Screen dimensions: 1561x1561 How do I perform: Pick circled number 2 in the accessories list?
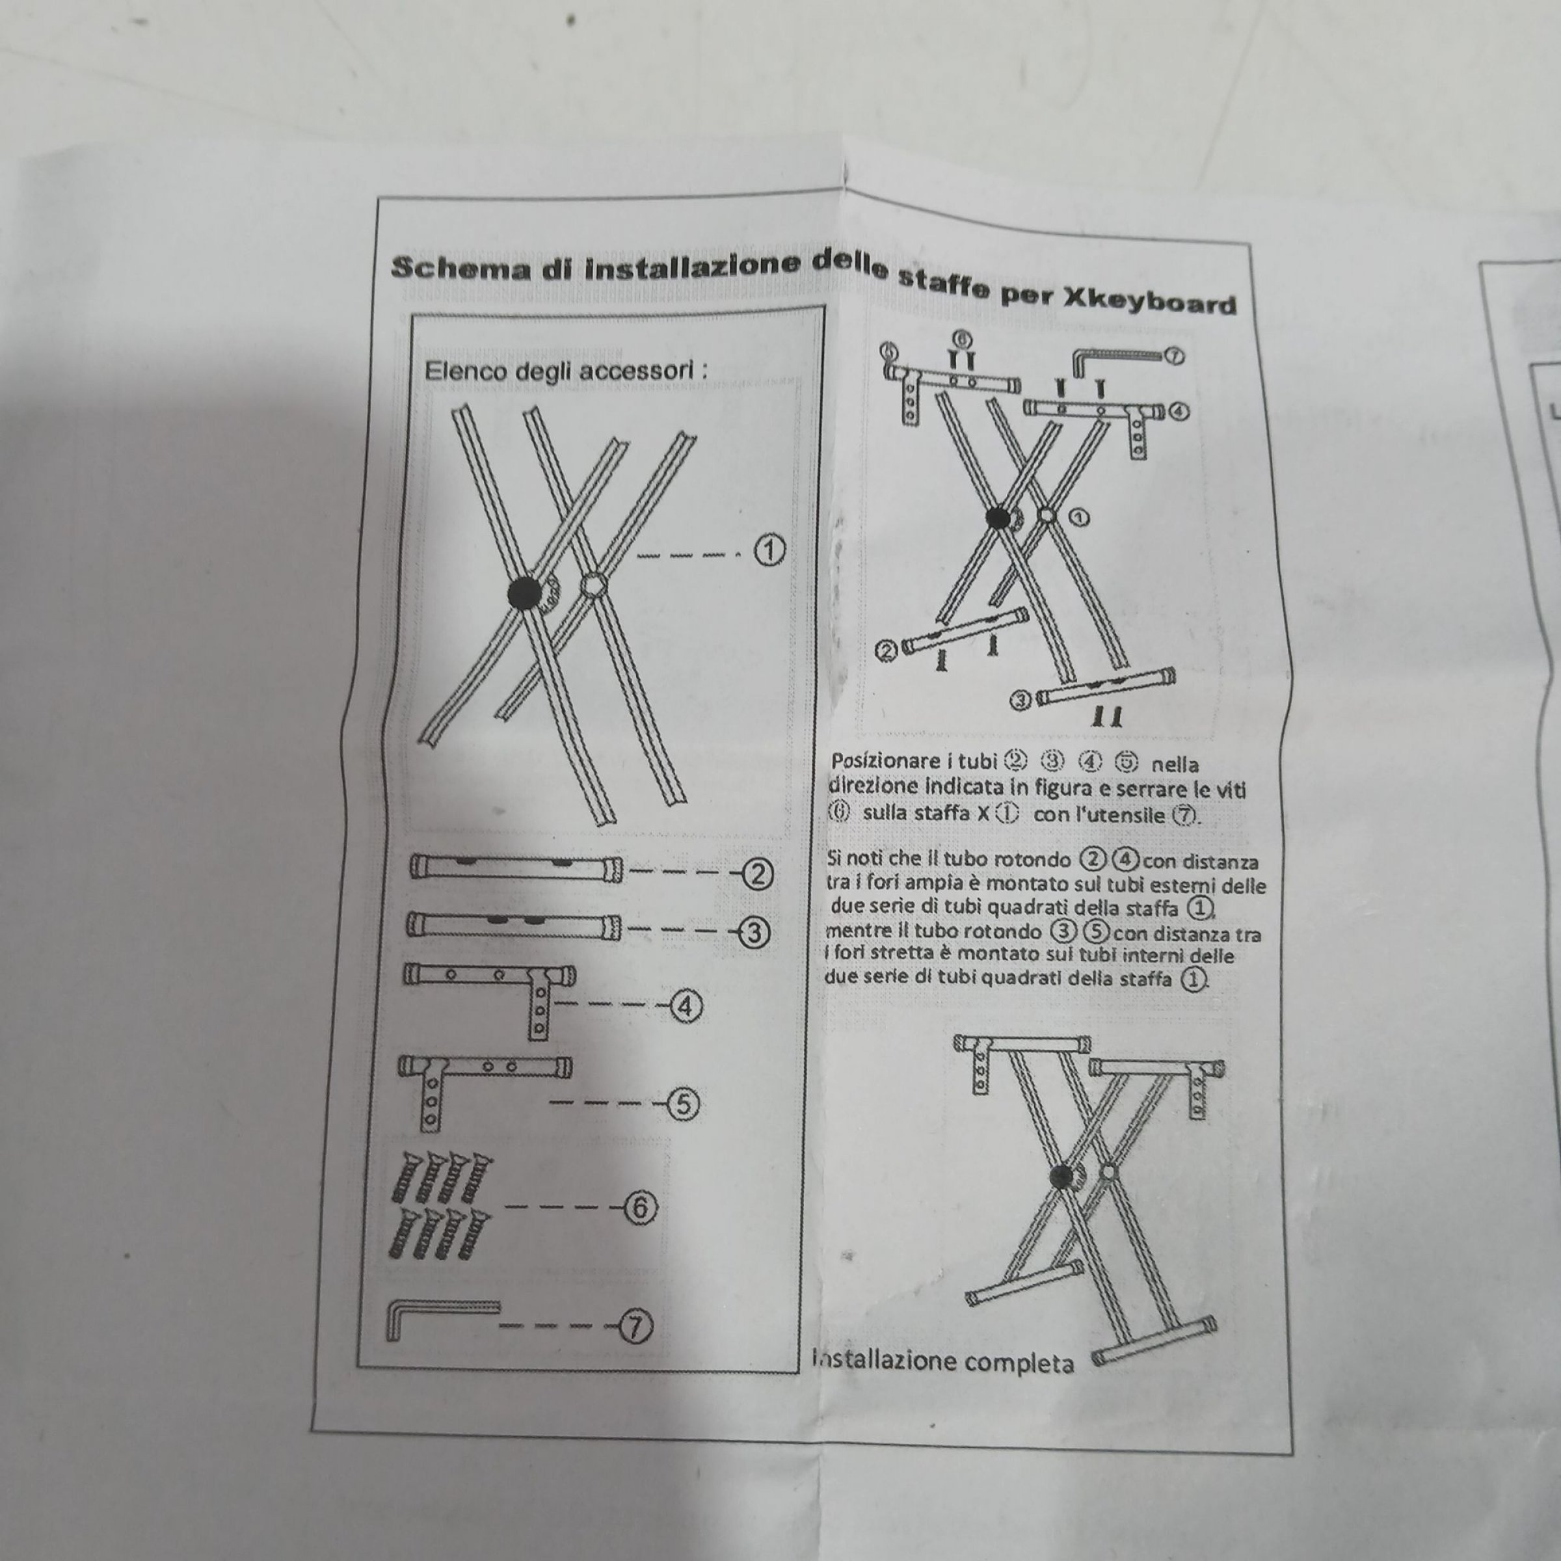pyautogui.click(x=757, y=875)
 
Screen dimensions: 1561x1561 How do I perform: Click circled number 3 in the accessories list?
pyautogui.click(x=753, y=933)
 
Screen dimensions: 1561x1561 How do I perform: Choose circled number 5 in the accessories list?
pyautogui.click(x=683, y=1104)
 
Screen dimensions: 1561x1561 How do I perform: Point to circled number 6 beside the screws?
pyautogui.click(x=640, y=1208)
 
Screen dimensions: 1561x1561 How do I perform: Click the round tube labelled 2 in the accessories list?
pyautogui.click(x=516, y=868)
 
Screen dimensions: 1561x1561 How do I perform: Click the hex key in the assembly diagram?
pyautogui.click(x=1117, y=356)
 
